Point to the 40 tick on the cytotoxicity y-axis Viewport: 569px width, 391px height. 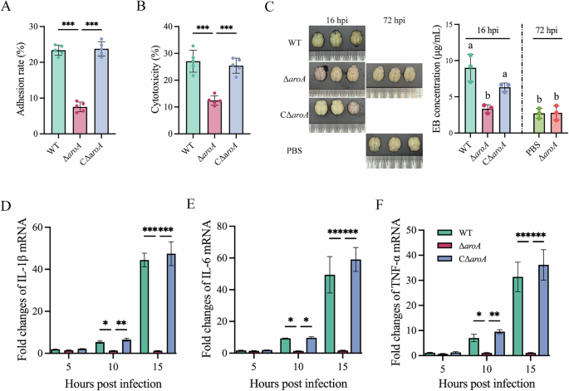click(164, 27)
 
